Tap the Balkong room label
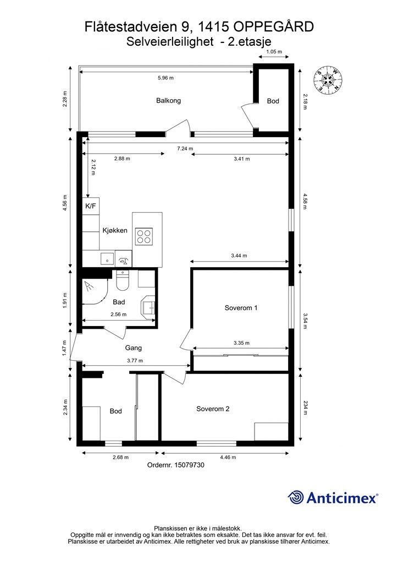(168, 100)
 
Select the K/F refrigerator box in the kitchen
(91, 206)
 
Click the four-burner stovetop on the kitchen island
(144, 236)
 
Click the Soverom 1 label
(241, 307)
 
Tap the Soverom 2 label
(213, 409)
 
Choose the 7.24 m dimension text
(185, 148)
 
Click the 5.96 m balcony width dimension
(166, 77)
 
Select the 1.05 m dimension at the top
(274, 51)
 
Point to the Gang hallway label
(133, 348)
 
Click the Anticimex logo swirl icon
(296, 497)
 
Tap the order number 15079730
(189, 465)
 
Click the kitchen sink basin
(107, 259)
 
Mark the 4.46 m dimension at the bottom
(228, 457)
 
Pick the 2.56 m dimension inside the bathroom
(118, 314)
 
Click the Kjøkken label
(115, 230)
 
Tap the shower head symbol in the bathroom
(89, 286)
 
